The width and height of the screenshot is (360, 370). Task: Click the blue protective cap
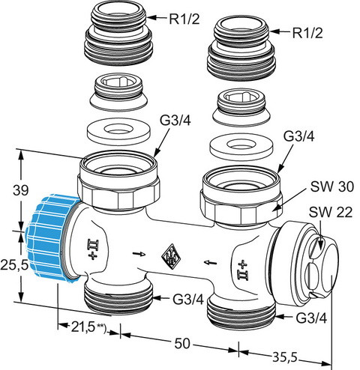pyautogui.click(x=51, y=239)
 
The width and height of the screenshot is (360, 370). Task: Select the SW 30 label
pyautogui.click(x=332, y=186)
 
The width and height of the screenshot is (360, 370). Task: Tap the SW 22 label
pyautogui.click(x=331, y=212)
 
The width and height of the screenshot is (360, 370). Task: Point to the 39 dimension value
pyautogui.click(x=21, y=190)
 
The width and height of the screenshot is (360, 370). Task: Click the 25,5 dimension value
pyautogui.click(x=14, y=265)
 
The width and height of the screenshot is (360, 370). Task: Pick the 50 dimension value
pyautogui.click(x=182, y=343)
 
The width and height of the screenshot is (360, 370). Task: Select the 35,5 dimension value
pyautogui.click(x=284, y=357)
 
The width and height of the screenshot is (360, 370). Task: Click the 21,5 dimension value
pyautogui.click(x=83, y=327)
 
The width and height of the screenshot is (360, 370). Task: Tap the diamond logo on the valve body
pyautogui.click(x=171, y=256)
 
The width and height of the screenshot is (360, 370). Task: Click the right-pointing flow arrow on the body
pyautogui.click(x=139, y=254)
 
